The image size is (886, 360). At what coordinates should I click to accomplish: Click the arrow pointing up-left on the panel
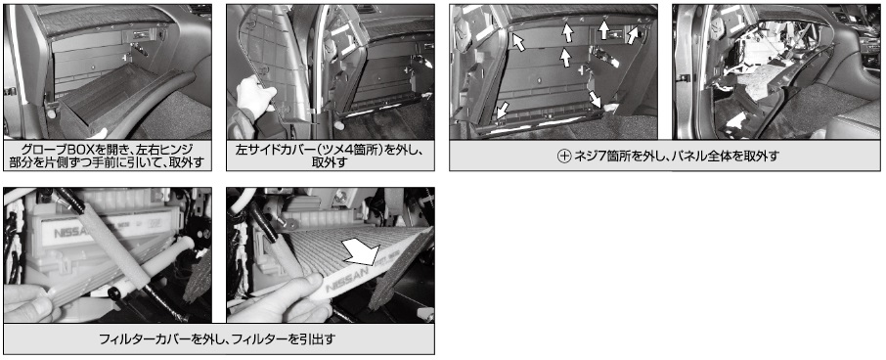pyautogui.click(x=517, y=40)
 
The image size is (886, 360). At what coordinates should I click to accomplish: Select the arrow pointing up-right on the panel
pyautogui.click(x=633, y=35)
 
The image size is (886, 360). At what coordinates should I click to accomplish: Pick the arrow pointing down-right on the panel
pyautogui.click(x=595, y=100)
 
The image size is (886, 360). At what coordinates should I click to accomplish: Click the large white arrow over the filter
pyautogui.click(x=360, y=251)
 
